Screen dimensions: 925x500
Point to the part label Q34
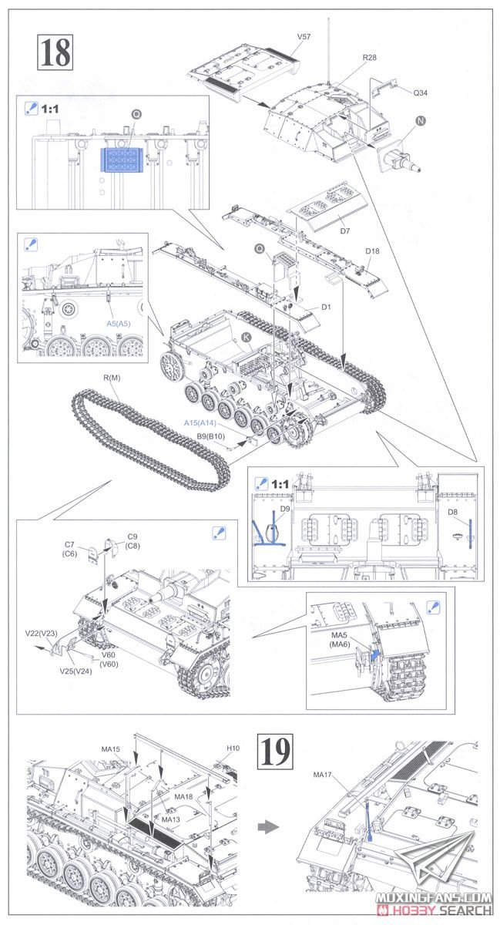pos(420,94)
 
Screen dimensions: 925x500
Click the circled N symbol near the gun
pos(420,120)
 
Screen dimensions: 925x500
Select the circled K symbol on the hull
pos(247,336)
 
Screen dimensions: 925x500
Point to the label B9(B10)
pos(210,437)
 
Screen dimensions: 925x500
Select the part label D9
pos(286,510)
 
